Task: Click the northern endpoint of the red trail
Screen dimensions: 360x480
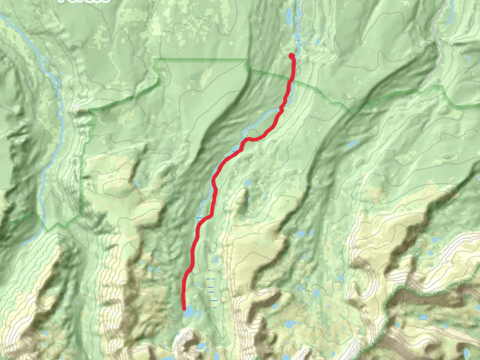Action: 292,56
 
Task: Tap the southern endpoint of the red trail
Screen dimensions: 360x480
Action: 184,308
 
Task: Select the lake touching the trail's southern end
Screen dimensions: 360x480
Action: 189,313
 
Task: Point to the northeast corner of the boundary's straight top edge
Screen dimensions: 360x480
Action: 247,59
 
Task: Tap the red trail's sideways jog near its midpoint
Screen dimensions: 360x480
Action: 208,217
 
